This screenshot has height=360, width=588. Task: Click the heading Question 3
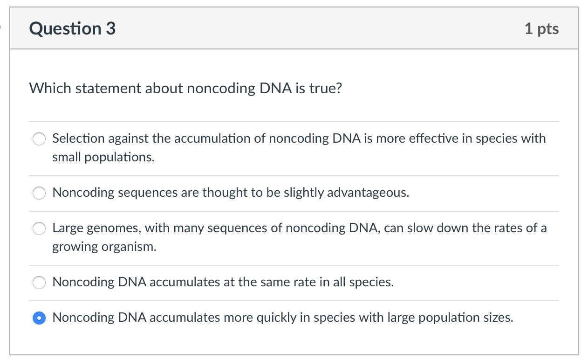[72, 29]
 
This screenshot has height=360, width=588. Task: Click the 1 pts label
[541, 29]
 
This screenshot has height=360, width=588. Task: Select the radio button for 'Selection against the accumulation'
[40, 139]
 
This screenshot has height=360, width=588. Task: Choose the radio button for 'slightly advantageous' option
[40, 193]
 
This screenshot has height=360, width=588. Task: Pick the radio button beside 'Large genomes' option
[40, 228]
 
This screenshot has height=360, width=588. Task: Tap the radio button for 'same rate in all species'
[40, 283]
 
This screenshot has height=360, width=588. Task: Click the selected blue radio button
[40, 318]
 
